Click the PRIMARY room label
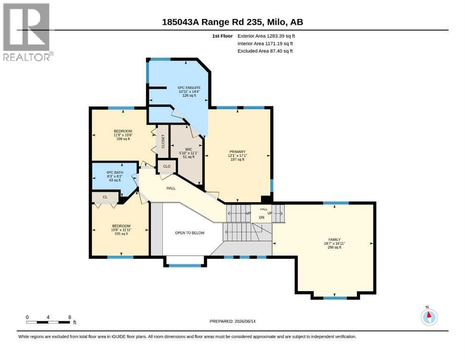(237, 152)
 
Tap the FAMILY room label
(334, 240)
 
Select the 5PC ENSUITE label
(189, 88)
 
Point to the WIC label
(188, 149)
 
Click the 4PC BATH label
(115, 172)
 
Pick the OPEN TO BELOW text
(190, 233)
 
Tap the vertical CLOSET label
(163, 142)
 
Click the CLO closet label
(167, 166)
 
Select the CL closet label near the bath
(105, 197)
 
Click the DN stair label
(262, 217)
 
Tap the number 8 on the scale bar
(70, 317)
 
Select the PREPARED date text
(232, 321)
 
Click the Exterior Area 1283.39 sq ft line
(266, 36)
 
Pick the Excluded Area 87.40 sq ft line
(265, 51)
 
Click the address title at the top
(232, 22)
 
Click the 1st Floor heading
(222, 36)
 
